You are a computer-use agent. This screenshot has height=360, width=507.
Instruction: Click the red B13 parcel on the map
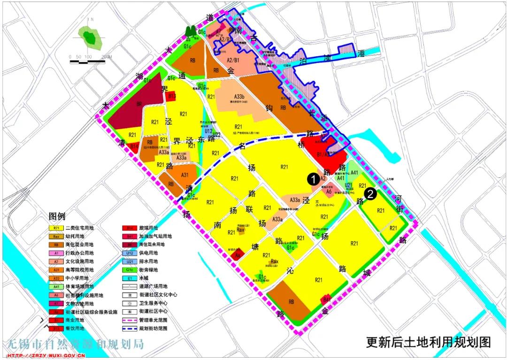coord(172,96)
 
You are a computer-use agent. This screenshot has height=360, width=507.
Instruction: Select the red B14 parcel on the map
coord(134,146)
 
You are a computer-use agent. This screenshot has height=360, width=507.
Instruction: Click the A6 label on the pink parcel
coord(329,191)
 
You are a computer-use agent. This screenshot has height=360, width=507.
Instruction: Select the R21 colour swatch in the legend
coord(56,228)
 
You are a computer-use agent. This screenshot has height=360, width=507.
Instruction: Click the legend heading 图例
coord(59,217)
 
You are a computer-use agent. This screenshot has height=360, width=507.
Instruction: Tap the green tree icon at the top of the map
coord(190,31)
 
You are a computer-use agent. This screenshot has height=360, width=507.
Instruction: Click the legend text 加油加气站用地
coord(155,237)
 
